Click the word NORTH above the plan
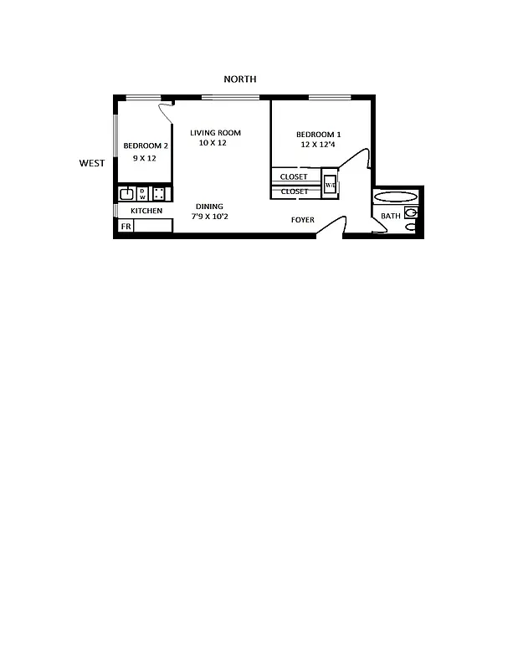tap(239, 79)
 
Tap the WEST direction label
tap(92, 163)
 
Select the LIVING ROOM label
tap(215, 133)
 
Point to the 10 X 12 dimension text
tap(213, 143)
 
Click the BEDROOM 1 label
tap(319, 135)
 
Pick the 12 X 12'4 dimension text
tap(319, 145)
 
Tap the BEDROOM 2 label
tap(146, 146)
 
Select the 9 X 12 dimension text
tap(145, 158)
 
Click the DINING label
tap(209, 207)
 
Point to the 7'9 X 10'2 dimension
tap(209, 217)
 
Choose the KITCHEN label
tap(146, 211)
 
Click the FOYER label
tap(303, 220)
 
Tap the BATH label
tap(391, 217)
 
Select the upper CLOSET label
tap(294, 177)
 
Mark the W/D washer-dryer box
tap(331, 185)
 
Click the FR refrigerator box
tap(126, 227)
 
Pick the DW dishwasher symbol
tap(142, 194)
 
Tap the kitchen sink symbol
tap(126, 194)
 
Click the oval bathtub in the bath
tap(395, 197)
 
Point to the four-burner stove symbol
tap(159, 194)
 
